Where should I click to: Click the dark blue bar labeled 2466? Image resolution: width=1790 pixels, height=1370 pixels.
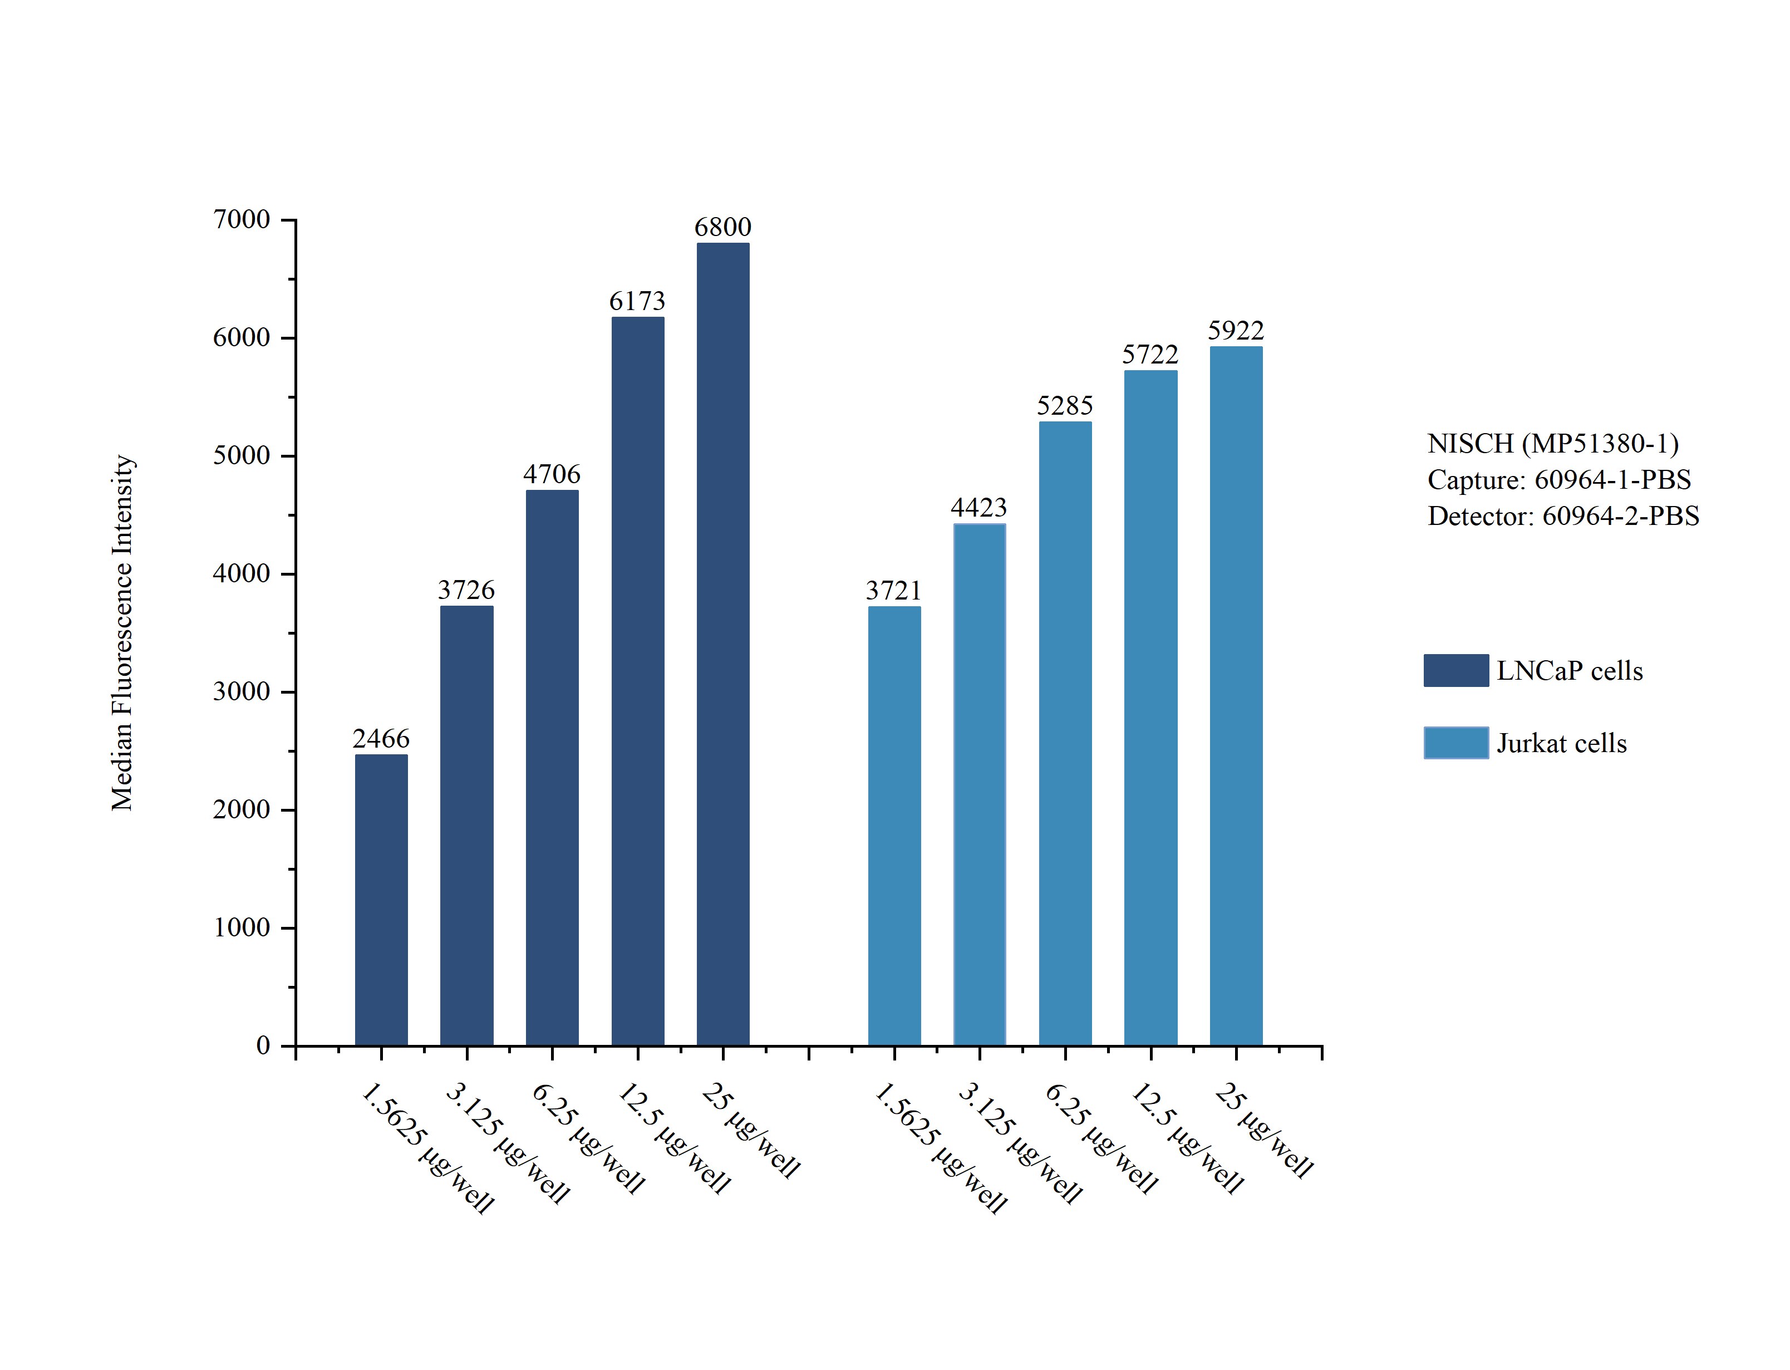pyautogui.click(x=381, y=900)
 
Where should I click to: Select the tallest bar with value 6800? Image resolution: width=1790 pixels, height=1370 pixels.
pyautogui.click(x=723, y=644)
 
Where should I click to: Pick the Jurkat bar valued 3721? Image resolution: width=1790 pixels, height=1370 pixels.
pyautogui.click(x=894, y=826)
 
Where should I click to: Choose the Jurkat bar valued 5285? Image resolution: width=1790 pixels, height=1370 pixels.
pyautogui.click(x=1065, y=733)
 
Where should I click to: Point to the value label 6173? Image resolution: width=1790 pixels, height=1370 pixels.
pyautogui.click(x=637, y=302)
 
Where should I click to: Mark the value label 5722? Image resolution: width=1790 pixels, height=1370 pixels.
pyautogui.click(x=1150, y=355)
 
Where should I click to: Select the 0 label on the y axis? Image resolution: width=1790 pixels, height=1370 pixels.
pyautogui.click(x=263, y=1045)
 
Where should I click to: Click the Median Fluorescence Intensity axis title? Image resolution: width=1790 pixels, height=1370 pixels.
pyautogui.click(x=122, y=633)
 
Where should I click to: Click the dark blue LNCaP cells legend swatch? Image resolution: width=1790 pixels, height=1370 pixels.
pyautogui.click(x=1456, y=670)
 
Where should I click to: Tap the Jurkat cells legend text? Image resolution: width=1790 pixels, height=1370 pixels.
pyautogui.click(x=1562, y=744)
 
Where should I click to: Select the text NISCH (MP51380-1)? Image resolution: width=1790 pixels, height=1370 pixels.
pyautogui.click(x=1553, y=444)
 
